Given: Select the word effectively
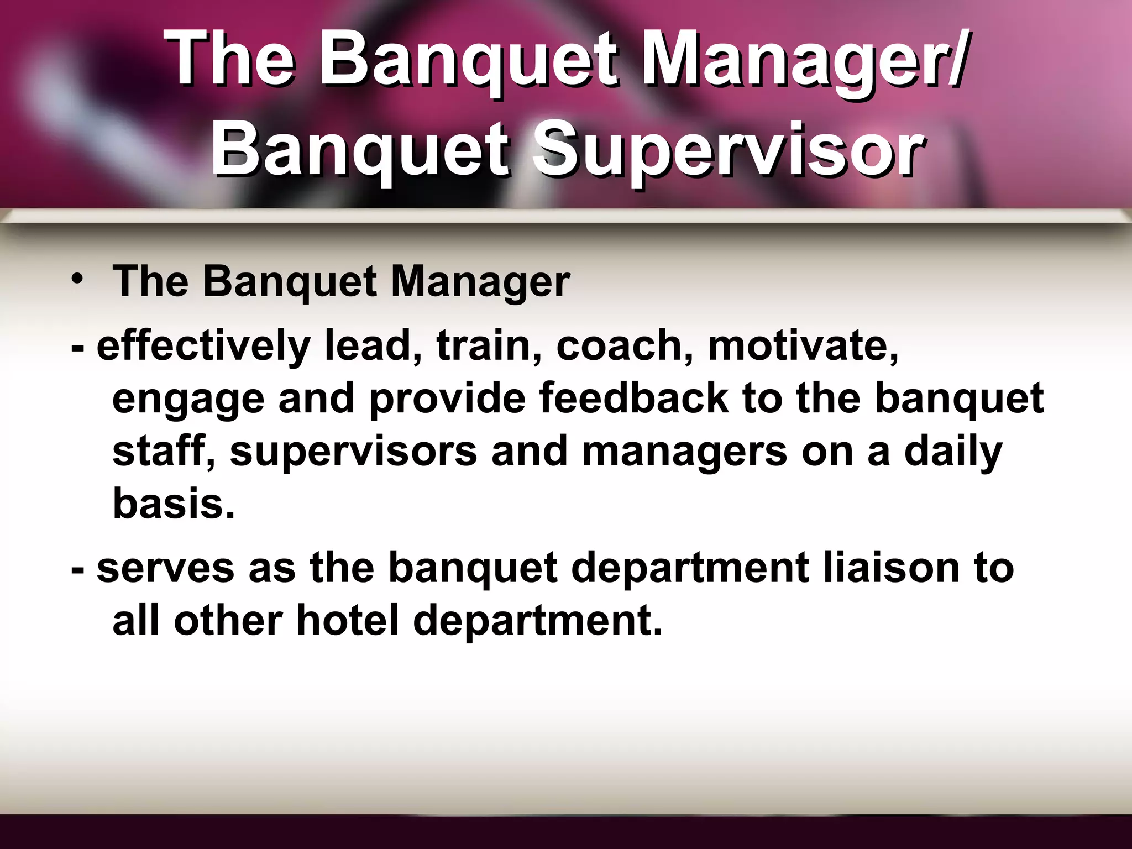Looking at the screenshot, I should click(x=203, y=347).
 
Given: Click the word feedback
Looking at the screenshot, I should click(x=633, y=398).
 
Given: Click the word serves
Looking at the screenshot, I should click(x=165, y=569).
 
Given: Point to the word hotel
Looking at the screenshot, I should click(x=347, y=620).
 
